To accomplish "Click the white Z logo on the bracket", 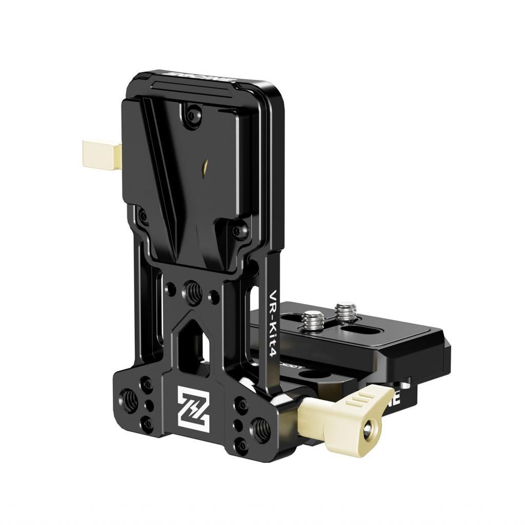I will [194, 406].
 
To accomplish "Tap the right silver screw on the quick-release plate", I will [343, 311].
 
